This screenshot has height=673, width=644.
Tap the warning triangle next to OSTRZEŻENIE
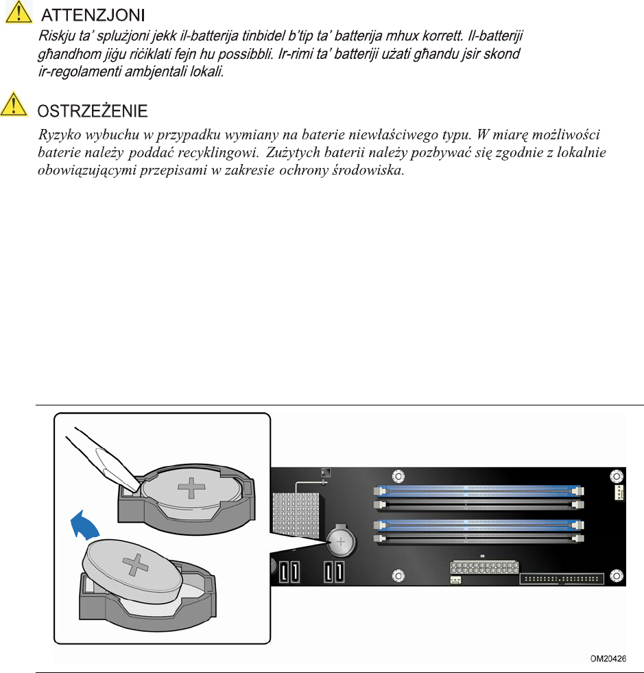tap(17, 107)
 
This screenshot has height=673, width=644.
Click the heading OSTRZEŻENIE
tap(92, 110)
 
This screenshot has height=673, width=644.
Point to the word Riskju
tap(53, 33)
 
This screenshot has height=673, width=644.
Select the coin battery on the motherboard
tap(341, 543)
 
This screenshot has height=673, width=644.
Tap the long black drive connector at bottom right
tap(562, 578)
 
